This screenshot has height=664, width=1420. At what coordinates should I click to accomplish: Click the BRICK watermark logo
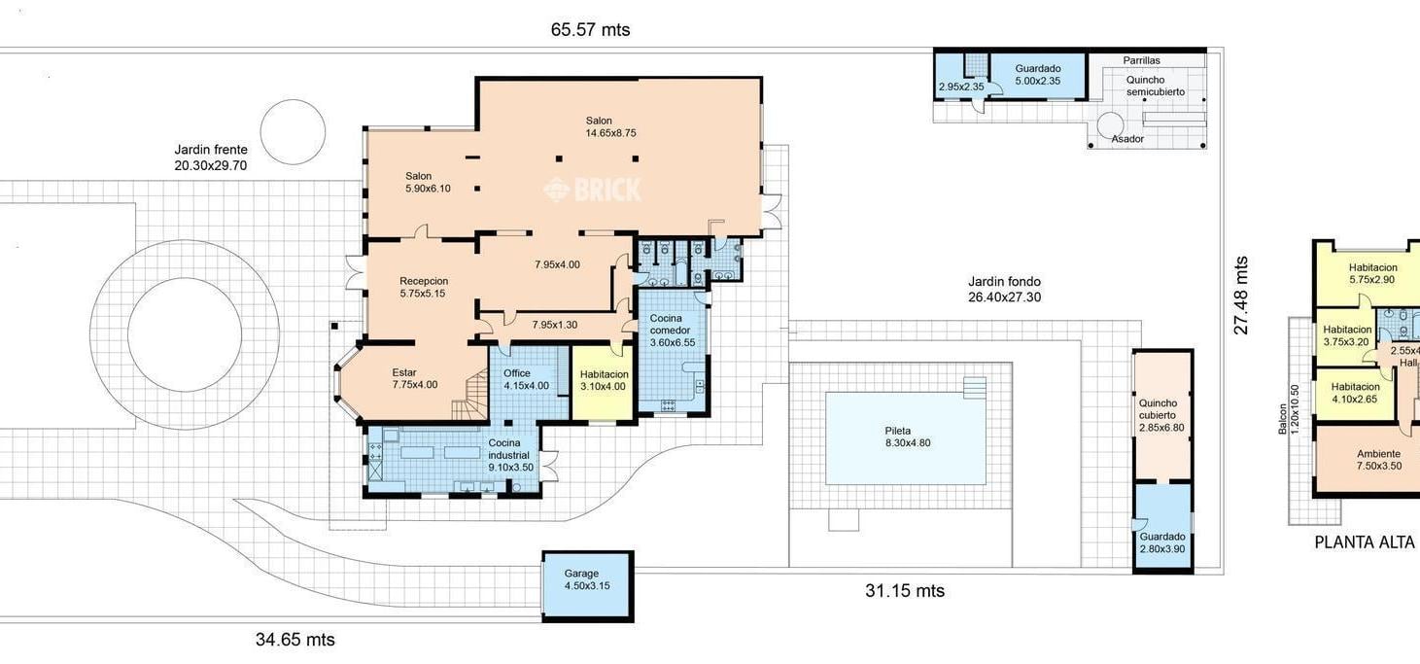pyautogui.click(x=593, y=190)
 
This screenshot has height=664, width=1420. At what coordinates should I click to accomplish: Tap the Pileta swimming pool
pyautogui.click(x=905, y=438)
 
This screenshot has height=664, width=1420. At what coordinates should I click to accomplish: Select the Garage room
pyautogui.click(x=588, y=586)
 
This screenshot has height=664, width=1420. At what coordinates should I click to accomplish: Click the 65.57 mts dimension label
pyautogui.click(x=590, y=30)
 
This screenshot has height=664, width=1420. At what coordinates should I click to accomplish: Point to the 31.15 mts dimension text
pyautogui.click(x=905, y=591)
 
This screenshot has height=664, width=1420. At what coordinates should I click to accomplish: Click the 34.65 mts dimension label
pyautogui.click(x=294, y=640)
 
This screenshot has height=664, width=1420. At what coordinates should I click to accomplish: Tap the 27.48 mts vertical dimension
pyautogui.click(x=1240, y=295)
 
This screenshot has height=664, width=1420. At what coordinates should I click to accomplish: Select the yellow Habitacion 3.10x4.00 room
pyautogui.click(x=603, y=382)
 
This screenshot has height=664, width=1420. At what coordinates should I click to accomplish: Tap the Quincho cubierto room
pyautogui.click(x=1162, y=415)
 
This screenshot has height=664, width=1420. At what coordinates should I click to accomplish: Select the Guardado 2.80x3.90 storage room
pyautogui.click(x=1162, y=528)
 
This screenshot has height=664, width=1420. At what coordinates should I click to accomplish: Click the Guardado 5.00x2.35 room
pyautogui.click(x=1038, y=76)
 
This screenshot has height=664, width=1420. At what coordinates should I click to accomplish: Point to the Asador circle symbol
pyautogui.click(x=1110, y=124)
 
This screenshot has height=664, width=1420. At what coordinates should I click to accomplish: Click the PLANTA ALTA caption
pyautogui.click(x=1365, y=542)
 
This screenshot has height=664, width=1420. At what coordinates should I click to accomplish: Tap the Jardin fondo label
pyautogui.click(x=1004, y=290)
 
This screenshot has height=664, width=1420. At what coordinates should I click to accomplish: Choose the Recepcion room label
pyautogui.click(x=424, y=288)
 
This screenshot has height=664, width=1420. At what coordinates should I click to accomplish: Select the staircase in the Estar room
pyautogui.click(x=470, y=396)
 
